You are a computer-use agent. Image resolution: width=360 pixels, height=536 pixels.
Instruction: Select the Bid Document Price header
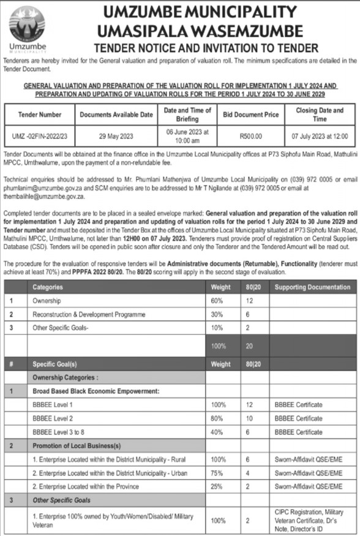250,115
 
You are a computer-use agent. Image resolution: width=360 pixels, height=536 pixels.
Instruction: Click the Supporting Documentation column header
313,287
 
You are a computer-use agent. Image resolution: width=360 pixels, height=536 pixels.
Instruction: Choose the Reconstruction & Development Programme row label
89,314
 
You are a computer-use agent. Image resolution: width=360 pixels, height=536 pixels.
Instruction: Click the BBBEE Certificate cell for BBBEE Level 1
298,405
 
